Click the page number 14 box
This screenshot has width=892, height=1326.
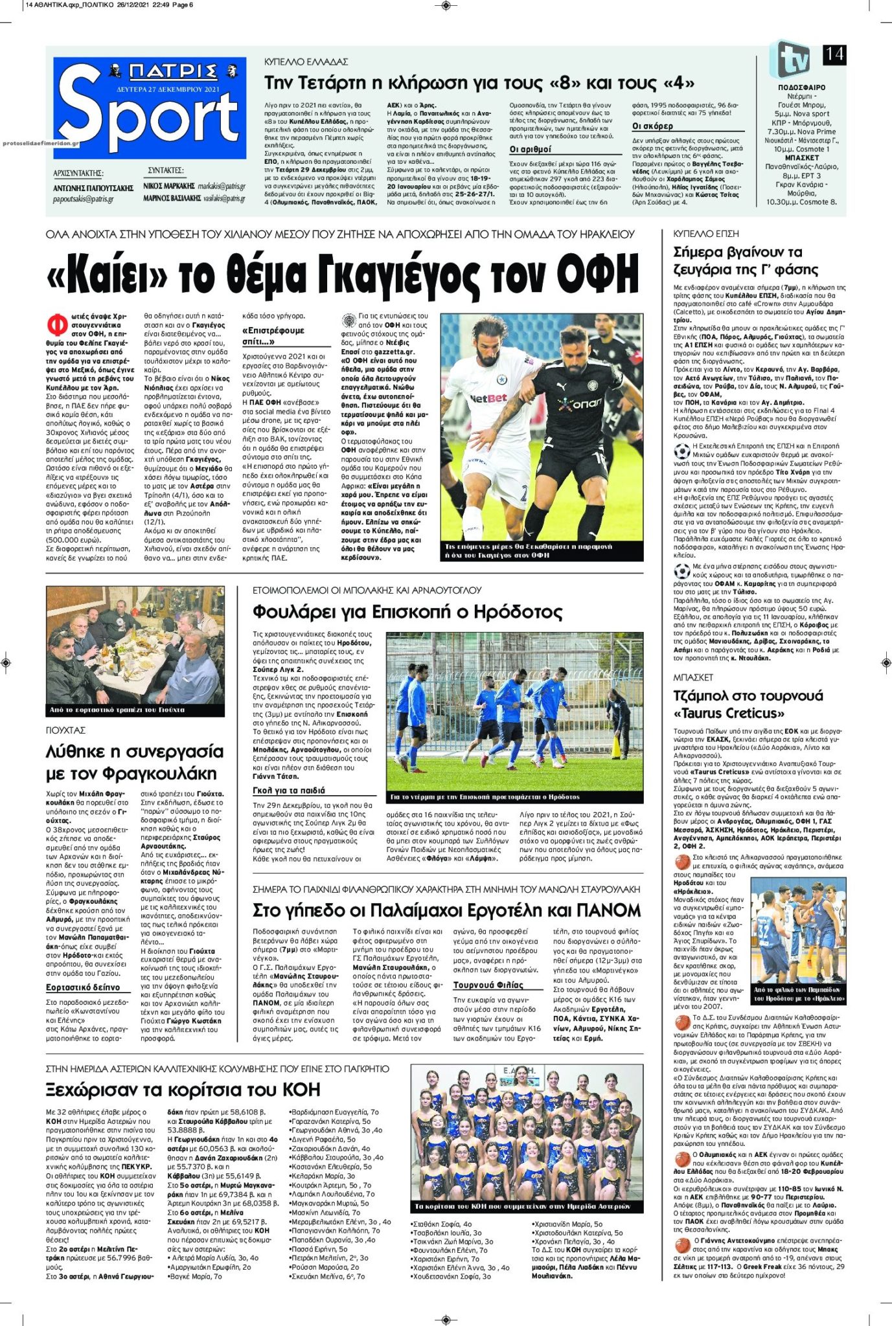click(x=834, y=54)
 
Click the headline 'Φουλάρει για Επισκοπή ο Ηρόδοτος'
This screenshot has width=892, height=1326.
click(x=407, y=612)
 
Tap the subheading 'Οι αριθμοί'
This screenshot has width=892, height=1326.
click(x=531, y=150)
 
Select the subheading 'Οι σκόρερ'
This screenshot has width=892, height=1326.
click(x=652, y=126)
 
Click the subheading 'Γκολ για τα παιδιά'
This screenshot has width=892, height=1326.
click(x=289, y=791)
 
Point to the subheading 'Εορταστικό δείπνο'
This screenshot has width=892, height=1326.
click(x=83, y=987)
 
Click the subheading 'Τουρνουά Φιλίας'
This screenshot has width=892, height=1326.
click(x=488, y=985)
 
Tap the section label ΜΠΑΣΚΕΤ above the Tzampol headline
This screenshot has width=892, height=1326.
click(x=693, y=677)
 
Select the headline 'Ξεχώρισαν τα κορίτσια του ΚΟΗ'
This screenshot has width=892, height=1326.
click(x=183, y=1090)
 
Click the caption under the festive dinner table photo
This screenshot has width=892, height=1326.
click(x=117, y=710)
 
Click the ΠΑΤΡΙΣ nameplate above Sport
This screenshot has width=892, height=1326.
click(x=172, y=71)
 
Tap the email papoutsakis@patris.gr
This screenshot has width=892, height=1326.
click(x=83, y=199)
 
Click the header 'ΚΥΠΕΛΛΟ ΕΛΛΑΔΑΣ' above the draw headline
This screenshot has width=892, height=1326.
click(x=306, y=62)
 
